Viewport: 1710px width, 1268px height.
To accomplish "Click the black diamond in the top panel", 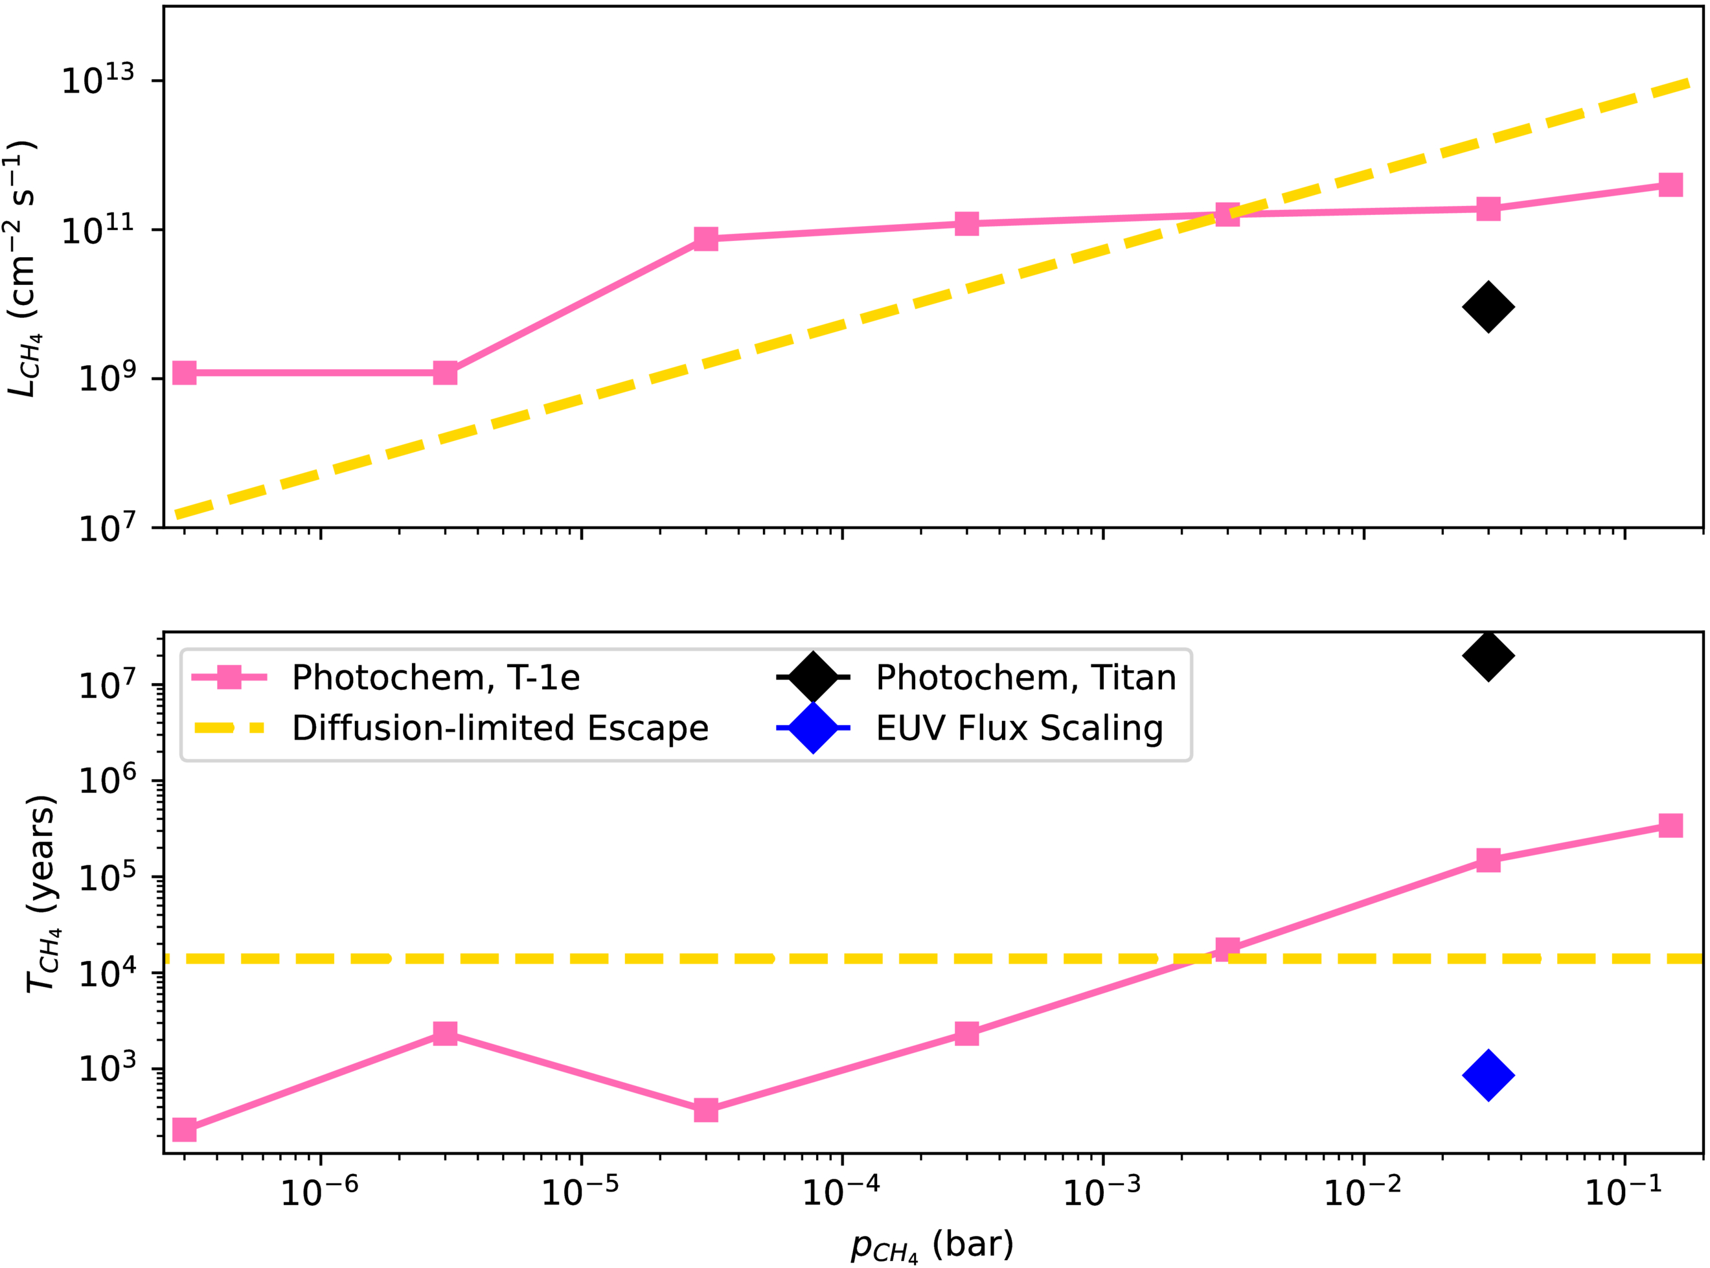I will pos(1487,307).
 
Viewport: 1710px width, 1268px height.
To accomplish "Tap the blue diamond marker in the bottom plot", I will pos(1487,1074).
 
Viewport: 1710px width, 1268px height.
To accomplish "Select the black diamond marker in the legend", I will pos(813,677).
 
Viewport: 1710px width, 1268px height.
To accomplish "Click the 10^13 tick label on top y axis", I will pos(97,80).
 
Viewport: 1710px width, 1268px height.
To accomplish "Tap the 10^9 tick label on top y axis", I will pos(106,378).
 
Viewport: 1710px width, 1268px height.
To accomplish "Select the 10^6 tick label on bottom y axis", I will pos(106,780).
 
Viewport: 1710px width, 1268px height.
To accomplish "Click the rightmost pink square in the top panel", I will pos(1670,184).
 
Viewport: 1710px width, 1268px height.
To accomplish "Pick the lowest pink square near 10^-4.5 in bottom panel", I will pos(705,1110).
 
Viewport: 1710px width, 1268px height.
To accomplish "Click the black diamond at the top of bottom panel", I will pos(1487,655).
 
